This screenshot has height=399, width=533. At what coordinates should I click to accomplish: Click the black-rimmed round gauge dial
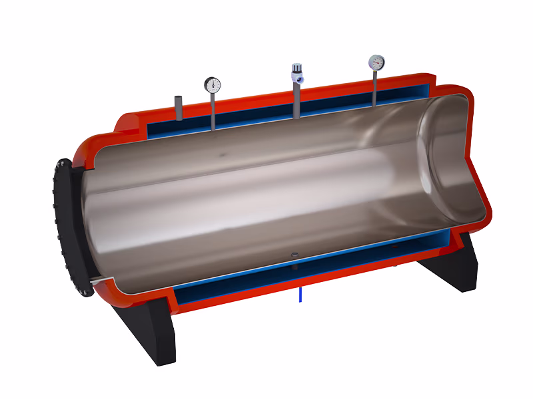coord(212,84)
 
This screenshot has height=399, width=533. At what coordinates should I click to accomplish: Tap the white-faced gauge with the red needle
coord(376,63)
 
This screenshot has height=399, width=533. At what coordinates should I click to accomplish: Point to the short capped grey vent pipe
coord(179,108)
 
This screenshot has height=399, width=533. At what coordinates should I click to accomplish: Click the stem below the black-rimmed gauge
coord(213,110)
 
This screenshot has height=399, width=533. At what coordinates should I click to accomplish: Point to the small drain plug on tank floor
coord(294,255)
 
